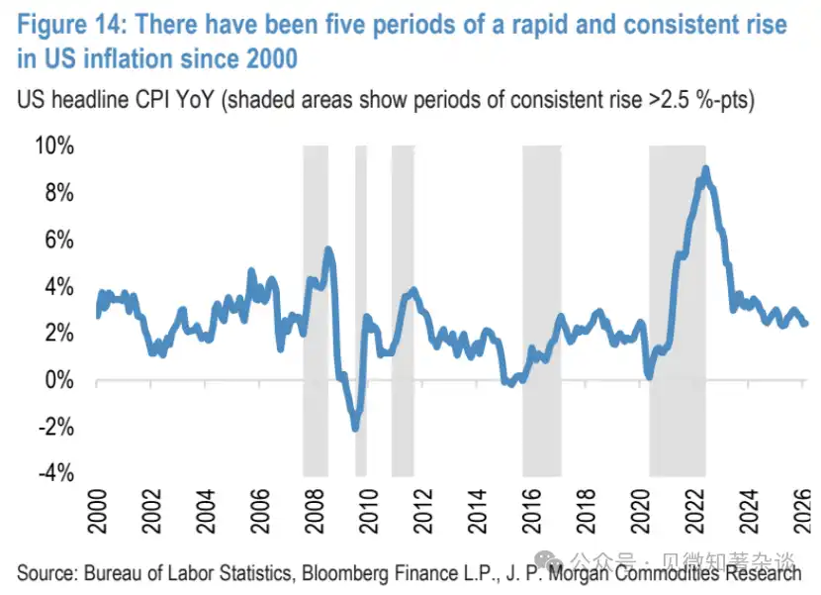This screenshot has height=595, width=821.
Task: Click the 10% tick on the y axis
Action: click(54, 146)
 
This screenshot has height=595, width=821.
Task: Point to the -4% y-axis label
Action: click(52, 473)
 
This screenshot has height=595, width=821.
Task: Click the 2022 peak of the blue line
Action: click(705, 170)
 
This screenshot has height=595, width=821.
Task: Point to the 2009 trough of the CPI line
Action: click(354, 427)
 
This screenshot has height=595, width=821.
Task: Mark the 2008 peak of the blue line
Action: click(328, 249)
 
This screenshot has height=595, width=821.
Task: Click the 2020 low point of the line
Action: click(649, 375)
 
